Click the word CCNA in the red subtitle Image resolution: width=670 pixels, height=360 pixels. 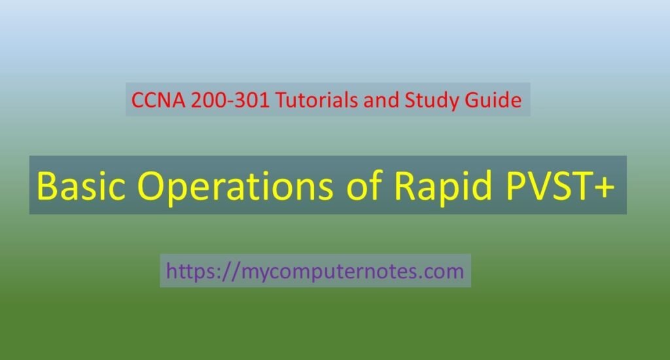tap(158, 100)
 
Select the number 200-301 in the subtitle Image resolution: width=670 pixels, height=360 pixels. tap(230, 100)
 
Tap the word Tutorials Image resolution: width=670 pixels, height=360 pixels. tap(317, 100)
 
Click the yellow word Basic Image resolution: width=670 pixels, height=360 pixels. tap(81, 185)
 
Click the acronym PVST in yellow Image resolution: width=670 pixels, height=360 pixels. tap(552, 185)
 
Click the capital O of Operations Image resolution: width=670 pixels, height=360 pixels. tap(151, 185)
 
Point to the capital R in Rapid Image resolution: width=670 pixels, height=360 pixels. tap(404, 185)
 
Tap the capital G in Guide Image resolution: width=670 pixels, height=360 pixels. tap(472, 100)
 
